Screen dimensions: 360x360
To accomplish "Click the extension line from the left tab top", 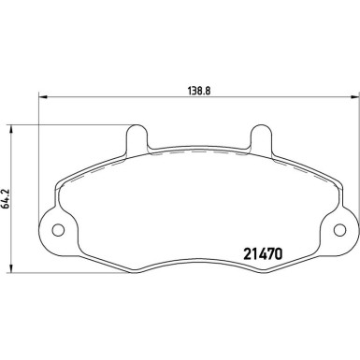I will [x=75, y=123].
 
